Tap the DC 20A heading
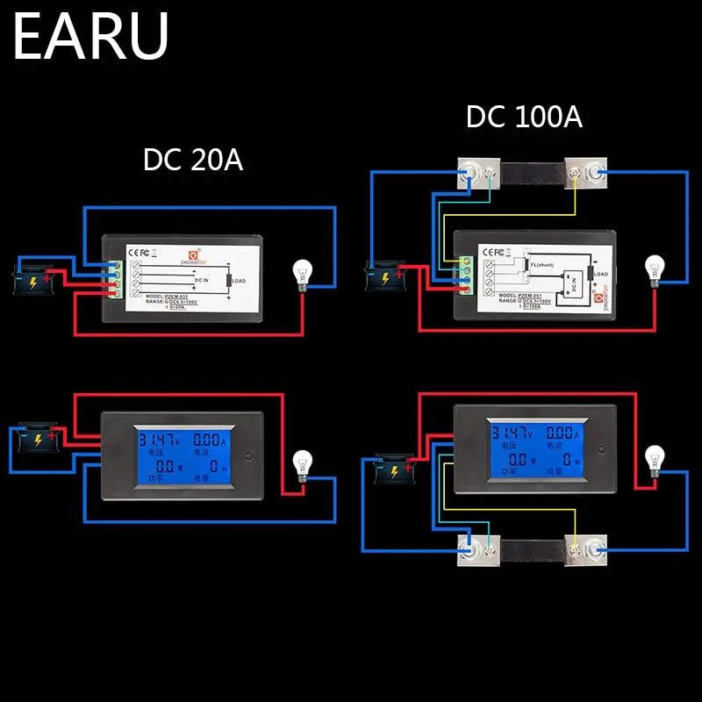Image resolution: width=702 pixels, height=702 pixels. pyautogui.click(x=193, y=161)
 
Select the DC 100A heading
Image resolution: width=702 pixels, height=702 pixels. pyautogui.click(x=524, y=118)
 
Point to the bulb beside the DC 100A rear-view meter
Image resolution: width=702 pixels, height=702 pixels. pyautogui.click(x=654, y=269)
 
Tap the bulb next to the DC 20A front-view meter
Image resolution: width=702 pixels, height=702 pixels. pyautogui.click(x=302, y=463)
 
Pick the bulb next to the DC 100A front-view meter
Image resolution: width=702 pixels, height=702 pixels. pyautogui.click(x=653, y=460)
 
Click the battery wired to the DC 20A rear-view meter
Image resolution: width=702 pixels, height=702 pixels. pyautogui.click(x=34, y=278)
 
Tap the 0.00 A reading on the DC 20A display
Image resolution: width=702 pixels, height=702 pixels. pyautogui.click(x=209, y=435)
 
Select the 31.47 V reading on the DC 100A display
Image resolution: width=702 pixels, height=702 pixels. pyautogui.click(x=512, y=433)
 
